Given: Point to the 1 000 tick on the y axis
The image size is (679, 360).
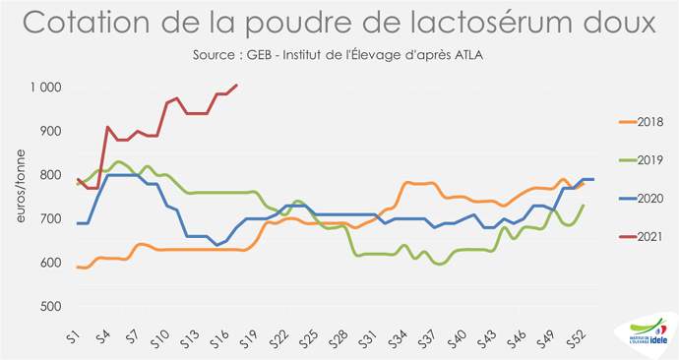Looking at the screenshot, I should (44, 88).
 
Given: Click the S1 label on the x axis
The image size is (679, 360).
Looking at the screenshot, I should (74, 334).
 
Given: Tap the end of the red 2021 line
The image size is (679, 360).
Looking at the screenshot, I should (237, 86).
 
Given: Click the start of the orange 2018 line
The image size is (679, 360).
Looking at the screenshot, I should (79, 267).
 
